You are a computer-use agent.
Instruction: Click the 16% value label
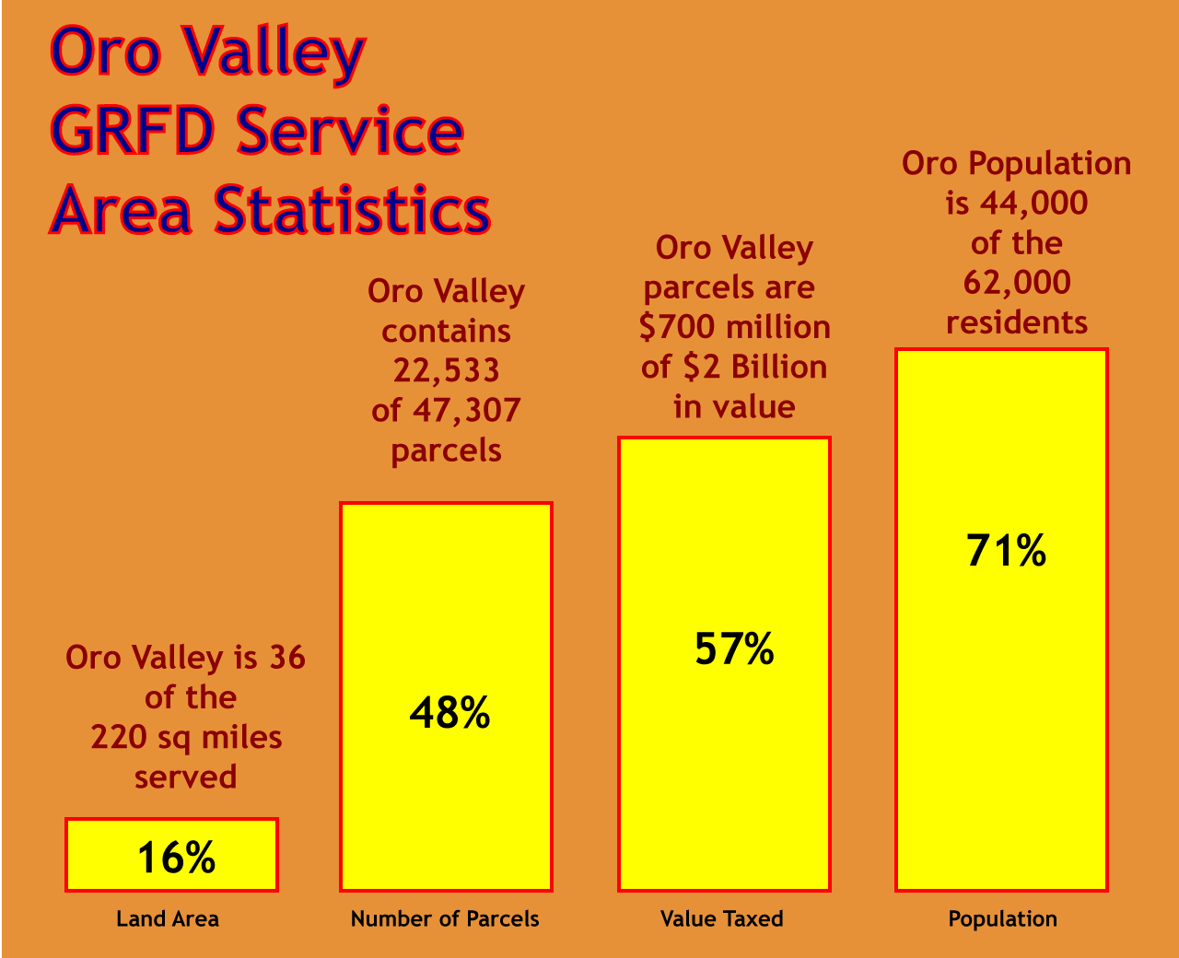(x=176, y=858)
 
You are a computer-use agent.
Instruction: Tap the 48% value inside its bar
(x=449, y=713)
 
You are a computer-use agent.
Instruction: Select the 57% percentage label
(x=734, y=648)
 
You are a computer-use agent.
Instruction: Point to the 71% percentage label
(x=1006, y=550)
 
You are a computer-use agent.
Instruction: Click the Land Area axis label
(x=168, y=918)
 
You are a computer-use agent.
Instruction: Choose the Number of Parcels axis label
(x=445, y=918)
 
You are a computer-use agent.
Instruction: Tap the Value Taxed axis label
(x=722, y=918)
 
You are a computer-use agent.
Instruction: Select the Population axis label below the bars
(x=1003, y=918)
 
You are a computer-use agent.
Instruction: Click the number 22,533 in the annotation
(x=447, y=370)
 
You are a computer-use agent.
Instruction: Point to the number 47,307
(x=467, y=410)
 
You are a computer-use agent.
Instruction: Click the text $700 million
(x=734, y=327)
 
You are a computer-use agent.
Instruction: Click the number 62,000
(x=1017, y=282)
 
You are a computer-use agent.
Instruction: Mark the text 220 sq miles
(x=186, y=737)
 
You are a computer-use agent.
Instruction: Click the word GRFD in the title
(x=131, y=130)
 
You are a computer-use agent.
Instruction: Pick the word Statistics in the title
(x=352, y=209)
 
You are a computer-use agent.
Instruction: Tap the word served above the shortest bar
(x=186, y=777)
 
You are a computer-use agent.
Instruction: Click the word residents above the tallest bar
(x=1017, y=322)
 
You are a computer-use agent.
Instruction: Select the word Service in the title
(x=350, y=130)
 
